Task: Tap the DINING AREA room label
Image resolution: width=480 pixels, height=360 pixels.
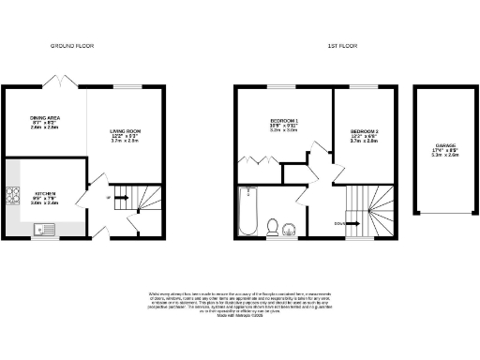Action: pyautogui.click(x=43, y=123)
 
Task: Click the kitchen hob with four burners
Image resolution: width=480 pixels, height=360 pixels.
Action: pyautogui.click(x=13, y=197)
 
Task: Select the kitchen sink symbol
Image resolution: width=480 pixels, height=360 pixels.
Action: pyautogui.click(x=43, y=228)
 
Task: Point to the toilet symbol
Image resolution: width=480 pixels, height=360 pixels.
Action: pyautogui.click(x=272, y=226)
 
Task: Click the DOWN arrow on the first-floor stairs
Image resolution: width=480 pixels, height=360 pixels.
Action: pyautogui.click(x=342, y=223)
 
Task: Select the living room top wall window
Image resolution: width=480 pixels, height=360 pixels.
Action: pyautogui.click(x=125, y=87)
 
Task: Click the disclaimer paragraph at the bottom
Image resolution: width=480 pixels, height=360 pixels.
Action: pyautogui.click(x=240, y=304)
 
